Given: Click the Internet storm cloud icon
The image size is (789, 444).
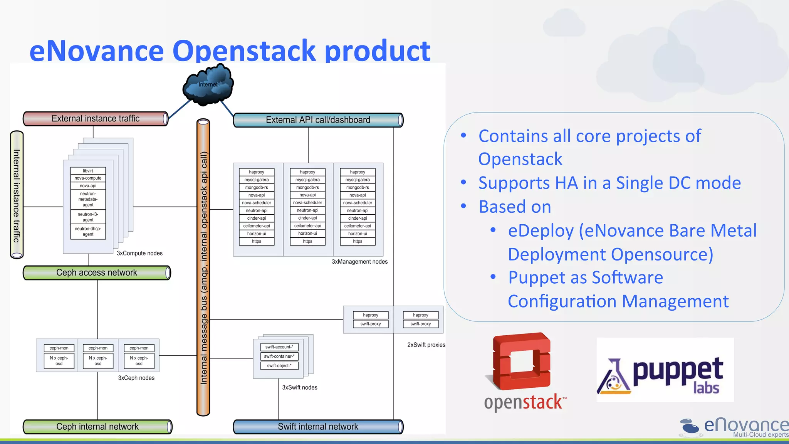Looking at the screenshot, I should pos(208,84).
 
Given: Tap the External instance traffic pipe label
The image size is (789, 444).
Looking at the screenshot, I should pos(96,119).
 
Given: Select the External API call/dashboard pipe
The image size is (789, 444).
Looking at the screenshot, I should pos(318,120).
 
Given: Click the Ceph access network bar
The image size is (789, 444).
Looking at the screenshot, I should pos(96,272).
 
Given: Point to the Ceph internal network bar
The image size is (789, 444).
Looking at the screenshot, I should pos(97,427).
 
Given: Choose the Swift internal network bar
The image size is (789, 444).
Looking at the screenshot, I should pos(318,427).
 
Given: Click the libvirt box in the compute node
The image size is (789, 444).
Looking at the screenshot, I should pos(88,171).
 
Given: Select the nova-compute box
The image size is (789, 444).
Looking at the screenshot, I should pos(88,178).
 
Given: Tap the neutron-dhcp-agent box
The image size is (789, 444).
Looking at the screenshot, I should pos(88,231).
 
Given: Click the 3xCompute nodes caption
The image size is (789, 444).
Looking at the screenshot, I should pos(139,253).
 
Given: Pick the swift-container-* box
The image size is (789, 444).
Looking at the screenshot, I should pos(279,356).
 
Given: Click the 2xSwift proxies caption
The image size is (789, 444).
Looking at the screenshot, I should pos(426,345).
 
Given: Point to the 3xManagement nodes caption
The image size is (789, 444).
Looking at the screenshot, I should pos(359,262).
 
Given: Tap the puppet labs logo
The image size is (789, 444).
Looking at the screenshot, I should pos(665,370).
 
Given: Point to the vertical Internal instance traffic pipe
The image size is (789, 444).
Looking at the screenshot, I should pos(17,195).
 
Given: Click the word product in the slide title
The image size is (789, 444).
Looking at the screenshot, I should pos(377,51).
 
